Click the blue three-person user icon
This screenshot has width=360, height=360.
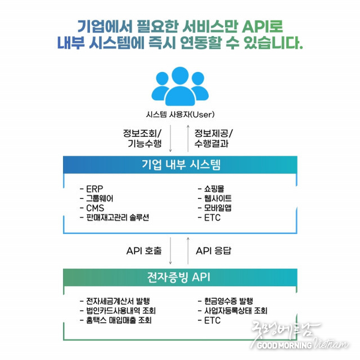click(x=180, y=86)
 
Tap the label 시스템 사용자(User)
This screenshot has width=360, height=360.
click(x=180, y=115)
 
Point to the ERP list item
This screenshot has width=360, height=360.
click(x=91, y=189)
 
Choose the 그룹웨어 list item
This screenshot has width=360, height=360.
click(x=97, y=199)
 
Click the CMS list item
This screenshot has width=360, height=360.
click(x=92, y=208)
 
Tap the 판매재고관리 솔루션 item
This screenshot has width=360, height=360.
click(x=115, y=217)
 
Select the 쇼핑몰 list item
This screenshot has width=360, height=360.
click(x=211, y=189)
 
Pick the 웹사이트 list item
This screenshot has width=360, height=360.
click(x=215, y=199)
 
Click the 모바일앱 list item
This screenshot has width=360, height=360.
click(x=215, y=208)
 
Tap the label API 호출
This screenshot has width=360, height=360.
click(x=144, y=251)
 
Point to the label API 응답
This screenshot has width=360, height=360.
click(x=214, y=251)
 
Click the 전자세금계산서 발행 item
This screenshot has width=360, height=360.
click(x=115, y=301)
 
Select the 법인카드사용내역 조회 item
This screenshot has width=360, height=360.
click(x=118, y=311)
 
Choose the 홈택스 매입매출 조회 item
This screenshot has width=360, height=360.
click(x=115, y=320)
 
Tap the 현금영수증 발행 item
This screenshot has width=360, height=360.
click(x=226, y=301)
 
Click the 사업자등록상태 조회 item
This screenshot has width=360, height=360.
click(x=233, y=311)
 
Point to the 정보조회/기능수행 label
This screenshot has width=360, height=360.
click(x=142, y=138)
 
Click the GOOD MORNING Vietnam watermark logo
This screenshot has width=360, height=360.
click(x=299, y=335)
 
